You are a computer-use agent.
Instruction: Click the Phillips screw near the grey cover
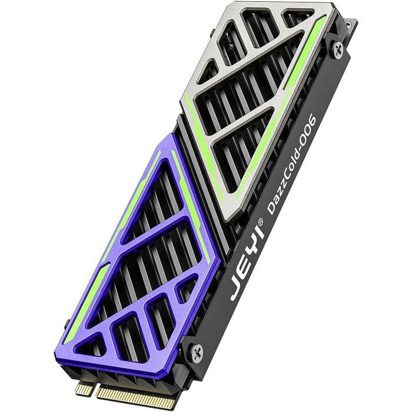pyautogui.click(x=338, y=49)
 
